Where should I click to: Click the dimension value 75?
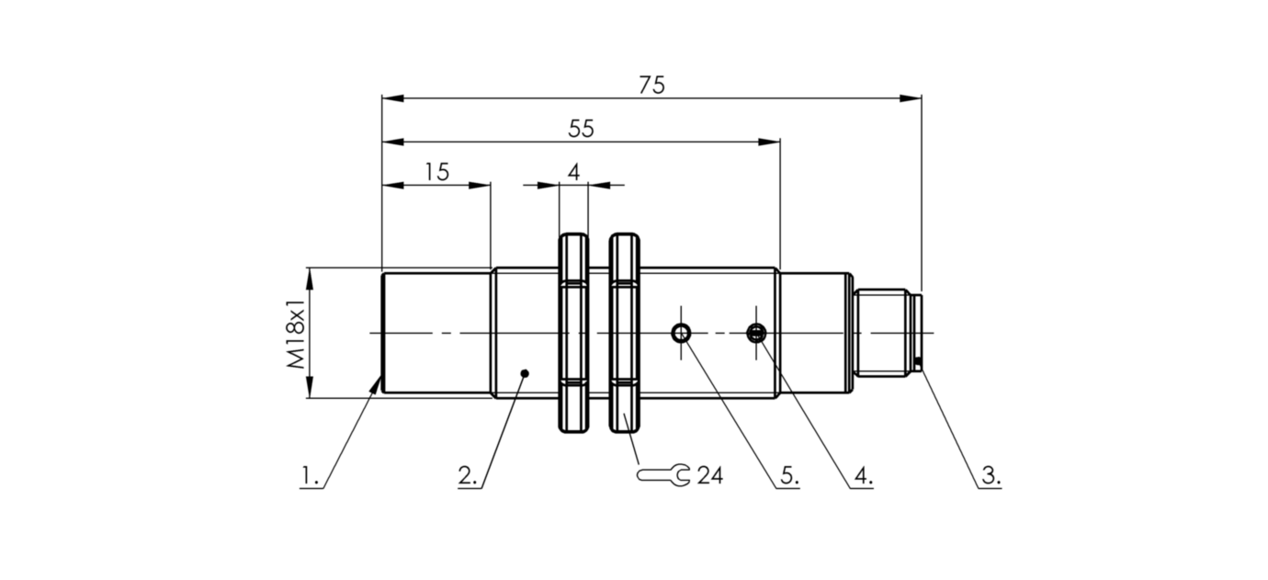651,85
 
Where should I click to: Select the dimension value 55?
581,129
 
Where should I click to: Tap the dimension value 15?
436,172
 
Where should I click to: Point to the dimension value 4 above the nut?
573,172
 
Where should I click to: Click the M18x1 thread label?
295,333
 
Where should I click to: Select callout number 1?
309,476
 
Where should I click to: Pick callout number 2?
467,476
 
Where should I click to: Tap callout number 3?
990,476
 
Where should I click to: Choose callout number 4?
861,476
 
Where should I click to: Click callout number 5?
787,476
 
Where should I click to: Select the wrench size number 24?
709,475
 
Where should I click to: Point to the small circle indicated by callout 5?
681,332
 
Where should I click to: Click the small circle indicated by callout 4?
756,332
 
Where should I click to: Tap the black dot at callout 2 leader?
525,373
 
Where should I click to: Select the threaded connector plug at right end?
884,333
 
